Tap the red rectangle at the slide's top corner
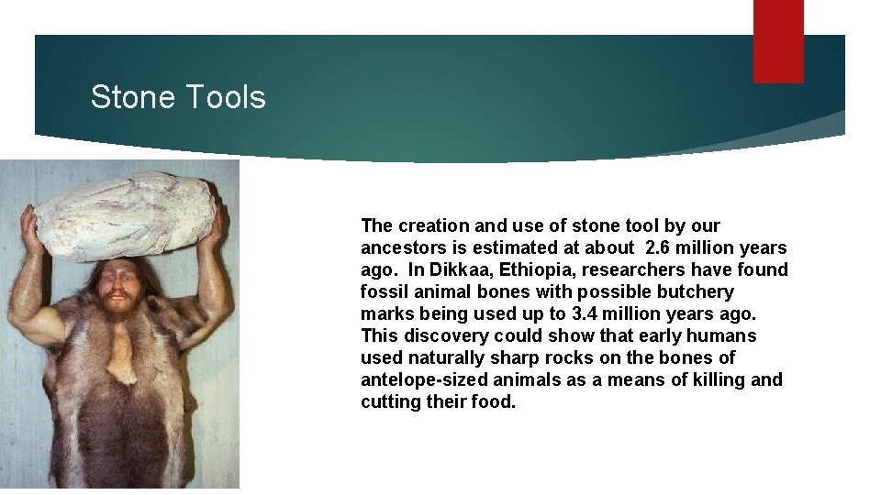pos(778,40)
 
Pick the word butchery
pos(697,291)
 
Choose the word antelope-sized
pos(423,379)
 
